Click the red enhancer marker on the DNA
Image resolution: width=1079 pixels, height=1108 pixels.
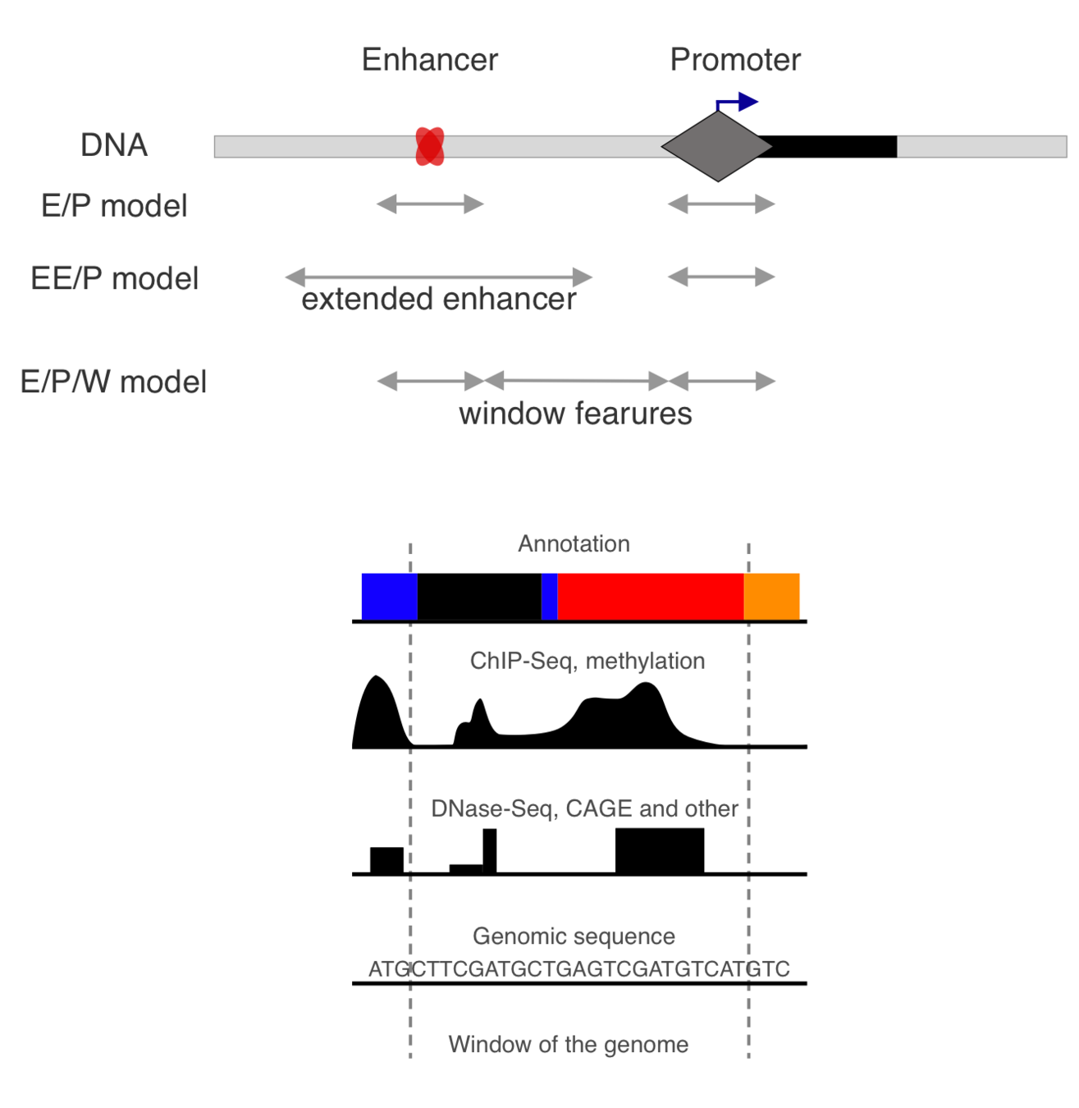click(x=429, y=147)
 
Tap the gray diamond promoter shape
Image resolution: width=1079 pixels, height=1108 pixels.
click(x=717, y=147)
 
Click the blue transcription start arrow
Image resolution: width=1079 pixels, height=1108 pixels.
click(x=738, y=102)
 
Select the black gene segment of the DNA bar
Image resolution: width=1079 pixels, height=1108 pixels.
click(x=833, y=147)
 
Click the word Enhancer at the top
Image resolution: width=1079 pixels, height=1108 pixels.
click(x=429, y=60)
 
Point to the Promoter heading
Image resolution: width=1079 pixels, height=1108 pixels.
click(x=735, y=60)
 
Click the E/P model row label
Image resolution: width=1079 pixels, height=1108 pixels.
click(x=114, y=206)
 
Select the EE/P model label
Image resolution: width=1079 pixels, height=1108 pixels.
click(x=114, y=279)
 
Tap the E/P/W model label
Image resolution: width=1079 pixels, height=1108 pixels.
click(x=113, y=382)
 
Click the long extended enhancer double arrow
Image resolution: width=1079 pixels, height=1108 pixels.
click(x=438, y=277)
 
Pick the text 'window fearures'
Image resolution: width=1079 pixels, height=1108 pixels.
click(x=575, y=414)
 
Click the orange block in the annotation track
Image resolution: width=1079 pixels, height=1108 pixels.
click(x=771, y=597)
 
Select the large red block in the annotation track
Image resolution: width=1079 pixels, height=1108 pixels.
click(x=650, y=597)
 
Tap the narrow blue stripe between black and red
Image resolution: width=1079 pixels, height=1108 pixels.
click(x=549, y=597)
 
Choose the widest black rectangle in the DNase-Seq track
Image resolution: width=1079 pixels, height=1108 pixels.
click(x=660, y=851)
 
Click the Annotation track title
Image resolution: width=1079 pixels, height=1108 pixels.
click(x=574, y=544)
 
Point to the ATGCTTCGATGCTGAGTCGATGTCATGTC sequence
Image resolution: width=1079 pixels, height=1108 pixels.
click(x=578, y=969)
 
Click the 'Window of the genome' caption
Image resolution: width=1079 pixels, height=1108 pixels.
click(x=568, y=1045)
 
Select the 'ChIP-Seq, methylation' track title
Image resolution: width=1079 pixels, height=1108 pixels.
click(x=587, y=662)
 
